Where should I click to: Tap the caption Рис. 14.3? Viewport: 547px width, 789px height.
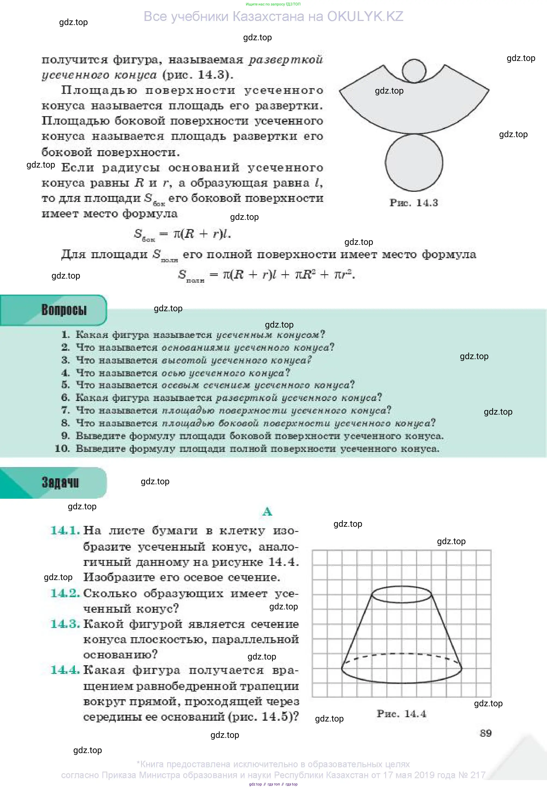pyautogui.click(x=414, y=203)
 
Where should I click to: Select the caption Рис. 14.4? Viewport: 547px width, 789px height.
pyautogui.click(x=401, y=714)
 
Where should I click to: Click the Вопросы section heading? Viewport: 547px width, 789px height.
pyautogui.click(x=64, y=310)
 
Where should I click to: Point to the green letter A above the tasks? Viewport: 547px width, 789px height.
pyautogui.click(x=267, y=511)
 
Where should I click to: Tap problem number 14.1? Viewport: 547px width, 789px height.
pyautogui.click(x=65, y=531)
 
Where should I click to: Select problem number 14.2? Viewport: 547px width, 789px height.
pyautogui.click(x=65, y=593)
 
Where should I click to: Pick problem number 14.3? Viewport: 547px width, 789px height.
pyautogui.click(x=65, y=624)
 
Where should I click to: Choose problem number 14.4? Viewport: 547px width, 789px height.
pyautogui.click(x=65, y=670)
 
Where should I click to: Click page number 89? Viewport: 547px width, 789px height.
pyautogui.click(x=485, y=733)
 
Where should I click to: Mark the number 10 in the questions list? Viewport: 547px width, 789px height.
pyautogui.click(x=62, y=448)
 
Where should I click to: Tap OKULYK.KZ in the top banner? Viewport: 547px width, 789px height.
pyautogui.click(x=365, y=16)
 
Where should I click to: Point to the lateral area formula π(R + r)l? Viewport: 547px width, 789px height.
pyautogui.click(x=202, y=233)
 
